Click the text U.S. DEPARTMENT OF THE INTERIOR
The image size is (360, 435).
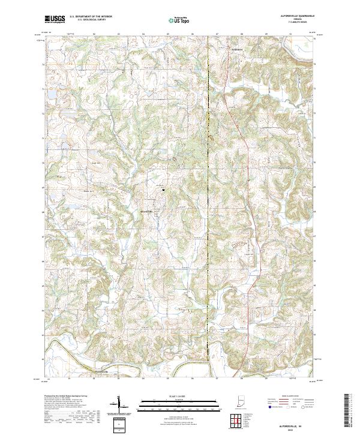[89, 17]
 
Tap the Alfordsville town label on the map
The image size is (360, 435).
[147, 211]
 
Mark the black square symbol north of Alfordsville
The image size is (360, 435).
[163, 190]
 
